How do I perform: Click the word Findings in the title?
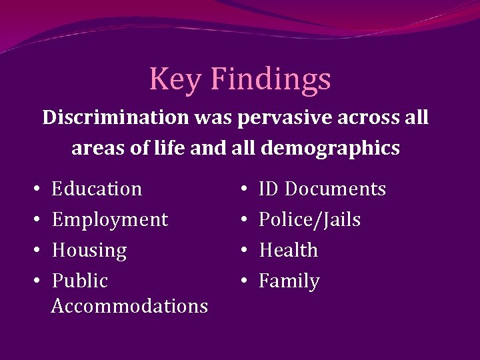pos(270,79)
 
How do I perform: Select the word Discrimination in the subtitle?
pos(115,118)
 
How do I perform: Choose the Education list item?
pos(97,189)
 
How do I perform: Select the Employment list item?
pos(110,219)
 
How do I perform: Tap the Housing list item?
pos(89,251)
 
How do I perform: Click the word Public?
pos(79,281)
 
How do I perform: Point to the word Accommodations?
pos(129,306)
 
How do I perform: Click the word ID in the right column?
pos(269,189)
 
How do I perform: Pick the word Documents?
pos(335,189)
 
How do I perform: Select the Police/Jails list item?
pos(309,219)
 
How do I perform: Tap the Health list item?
pos(288,251)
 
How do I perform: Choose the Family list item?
pos(289,281)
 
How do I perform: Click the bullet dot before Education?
pos(34,190)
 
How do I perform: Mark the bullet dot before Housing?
pos(34,251)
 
